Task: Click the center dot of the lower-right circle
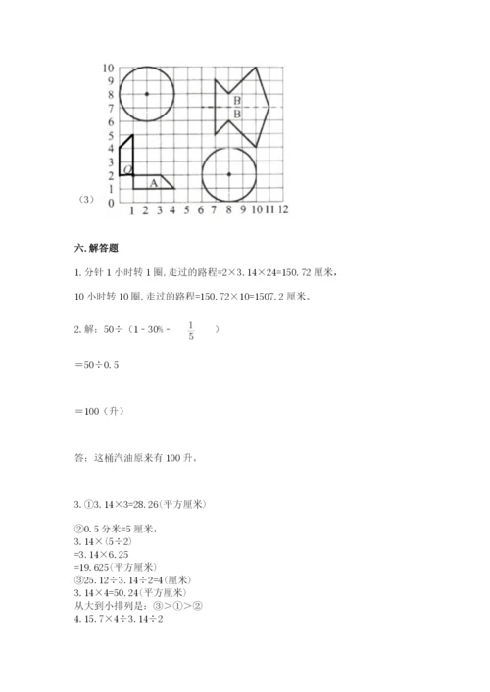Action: click(x=228, y=174)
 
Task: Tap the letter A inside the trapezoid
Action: click(x=153, y=181)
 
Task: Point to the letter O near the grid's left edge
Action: click(x=128, y=170)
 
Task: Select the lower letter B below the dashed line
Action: click(x=237, y=114)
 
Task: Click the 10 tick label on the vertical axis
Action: click(x=108, y=68)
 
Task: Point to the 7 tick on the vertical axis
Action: click(x=111, y=108)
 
